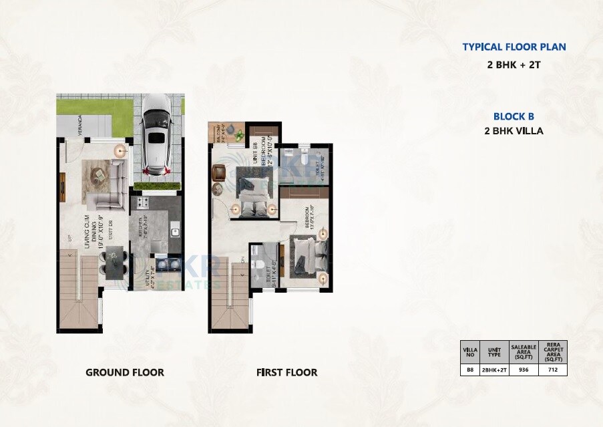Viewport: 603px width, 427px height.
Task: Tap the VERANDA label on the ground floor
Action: pyautogui.click(x=79, y=126)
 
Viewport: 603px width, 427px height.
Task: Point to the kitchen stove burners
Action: pyautogui.click(x=142, y=202)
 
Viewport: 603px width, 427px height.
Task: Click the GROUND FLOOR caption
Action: pyautogui.click(x=124, y=372)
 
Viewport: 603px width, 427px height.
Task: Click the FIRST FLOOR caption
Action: pyautogui.click(x=286, y=372)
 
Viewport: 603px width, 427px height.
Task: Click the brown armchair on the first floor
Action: pyautogui.click(x=220, y=172)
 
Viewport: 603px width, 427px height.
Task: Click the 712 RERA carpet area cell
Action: pyautogui.click(x=553, y=369)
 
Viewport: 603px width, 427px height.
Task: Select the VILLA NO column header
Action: pyautogui.click(x=469, y=350)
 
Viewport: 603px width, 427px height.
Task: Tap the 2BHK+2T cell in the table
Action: pyautogui.click(x=494, y=369)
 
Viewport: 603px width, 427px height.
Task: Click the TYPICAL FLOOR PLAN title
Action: pyautogui.click(x=514, y=47)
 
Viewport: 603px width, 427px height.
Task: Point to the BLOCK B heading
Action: pyautogui.click(x=514, y=116)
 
